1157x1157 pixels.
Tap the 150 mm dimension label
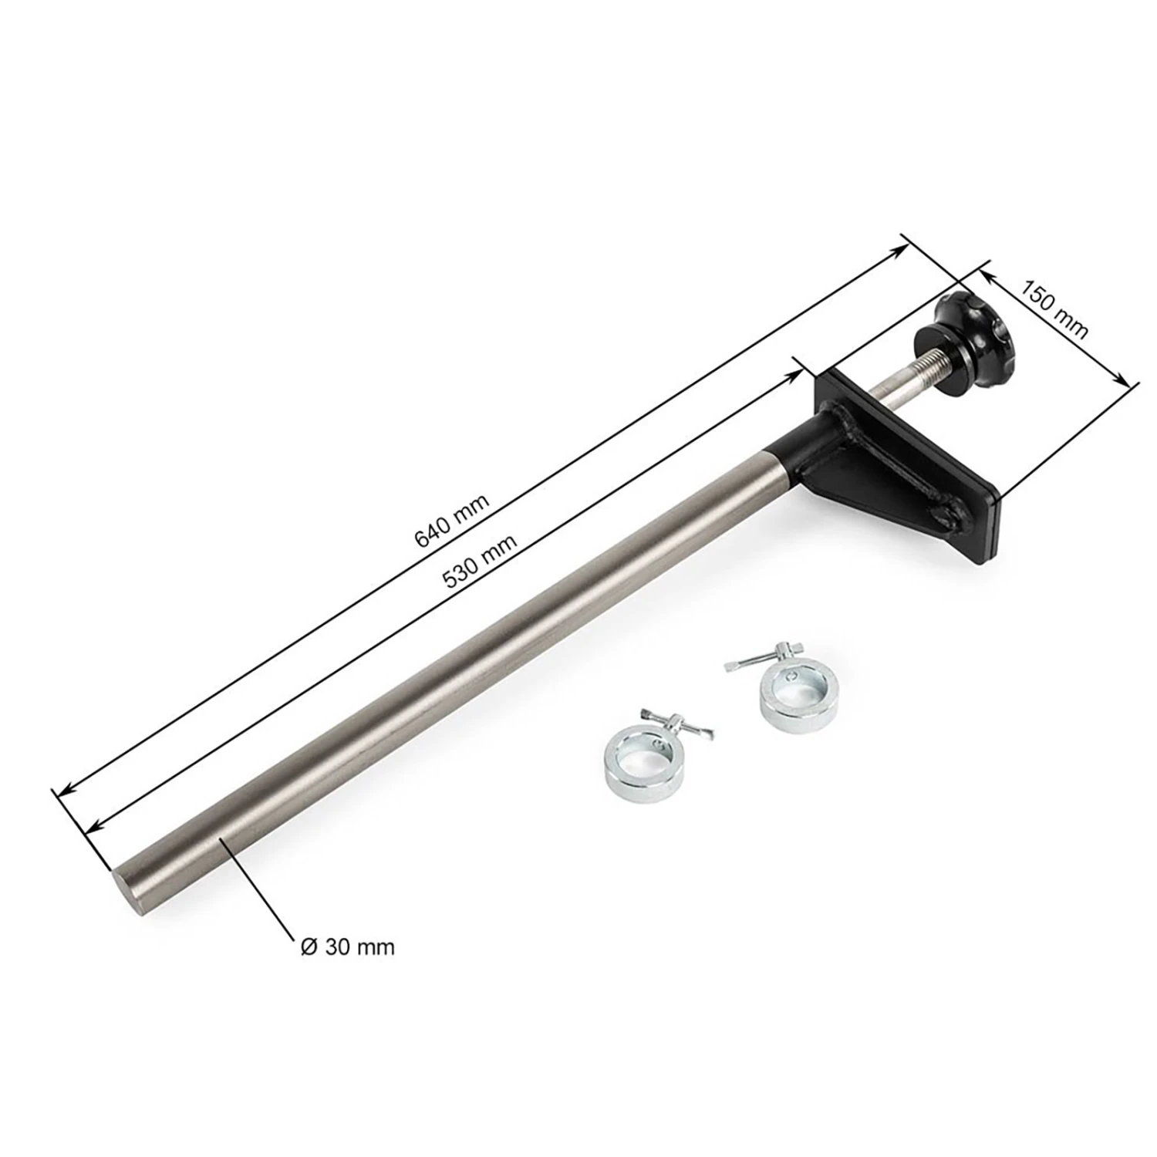[x=1054, y=309]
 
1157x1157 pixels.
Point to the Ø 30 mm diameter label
[x=346, y=946]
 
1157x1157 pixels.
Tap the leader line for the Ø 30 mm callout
[x=258, y=887]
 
